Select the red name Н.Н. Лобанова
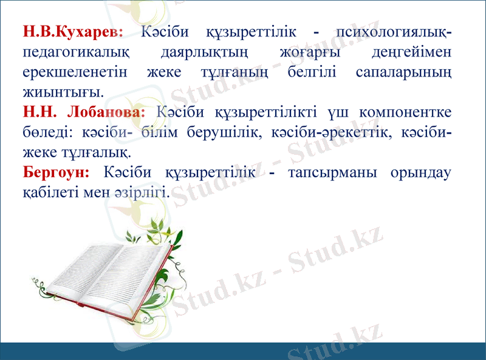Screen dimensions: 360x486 pos(84,112)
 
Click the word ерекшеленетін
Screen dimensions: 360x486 pos(75,72)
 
